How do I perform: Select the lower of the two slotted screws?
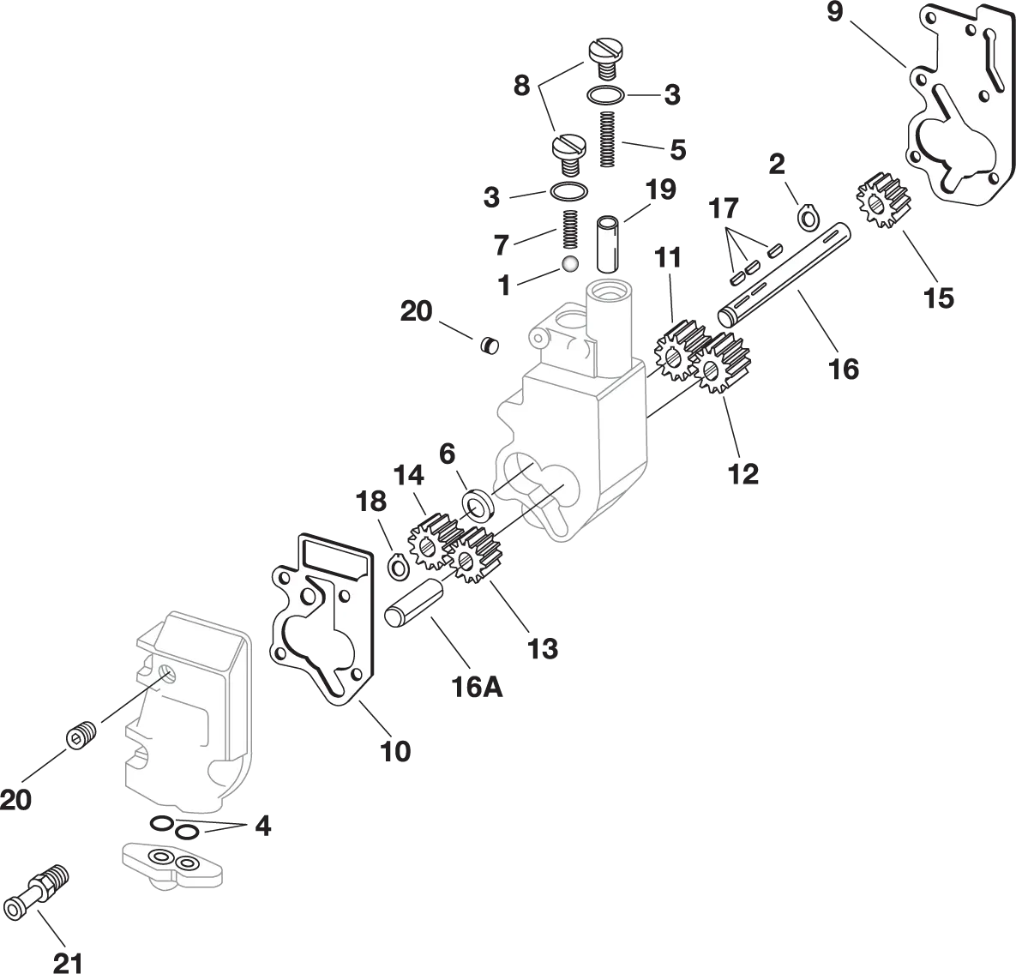point(569,147)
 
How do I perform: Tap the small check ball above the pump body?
point(569,263)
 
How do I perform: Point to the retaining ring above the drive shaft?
point(808,218)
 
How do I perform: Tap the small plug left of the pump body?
point(490,345)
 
